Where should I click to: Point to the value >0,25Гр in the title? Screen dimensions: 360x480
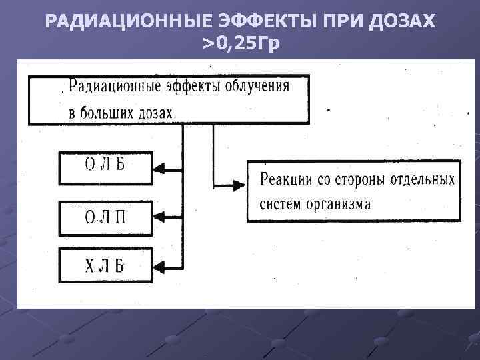(x=241, y=44)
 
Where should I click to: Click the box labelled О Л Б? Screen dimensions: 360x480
(x=105, y=167)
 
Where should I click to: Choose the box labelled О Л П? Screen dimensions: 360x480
(x=105, y=215)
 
